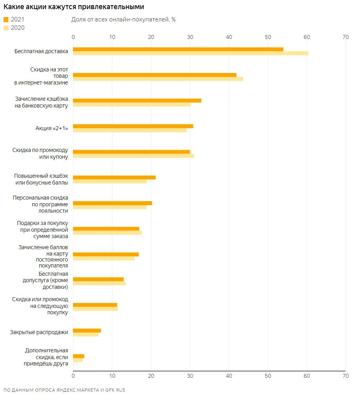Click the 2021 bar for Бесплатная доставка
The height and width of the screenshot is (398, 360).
click(178, 49)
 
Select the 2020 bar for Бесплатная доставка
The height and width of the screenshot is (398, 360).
click(190, 53)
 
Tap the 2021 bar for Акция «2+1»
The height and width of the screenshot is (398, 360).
click(133, 126)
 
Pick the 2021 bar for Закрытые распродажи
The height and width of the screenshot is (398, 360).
click(87, 331)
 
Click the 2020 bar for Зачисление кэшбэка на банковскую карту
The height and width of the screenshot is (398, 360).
click(132, 105)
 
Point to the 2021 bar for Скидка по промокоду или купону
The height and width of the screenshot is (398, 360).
click(132, 152)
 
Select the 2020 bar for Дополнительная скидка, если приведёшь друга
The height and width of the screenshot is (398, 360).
click(78, 360)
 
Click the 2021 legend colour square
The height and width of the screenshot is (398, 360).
click(6, 19)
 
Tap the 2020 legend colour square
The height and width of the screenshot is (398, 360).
click(6, 28)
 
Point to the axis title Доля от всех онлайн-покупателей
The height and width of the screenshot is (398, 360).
click(123, 20)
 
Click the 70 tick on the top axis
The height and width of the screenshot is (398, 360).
click(345, 37)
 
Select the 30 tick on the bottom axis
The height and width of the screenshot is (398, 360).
click(190, 375)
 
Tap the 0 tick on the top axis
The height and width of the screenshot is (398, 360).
click(73, 37)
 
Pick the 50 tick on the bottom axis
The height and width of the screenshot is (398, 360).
click(268, 375)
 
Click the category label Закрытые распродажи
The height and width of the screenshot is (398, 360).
click(39, 332)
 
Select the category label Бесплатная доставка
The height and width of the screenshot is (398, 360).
click(41, 51)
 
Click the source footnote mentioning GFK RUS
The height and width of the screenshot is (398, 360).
click(64, 390)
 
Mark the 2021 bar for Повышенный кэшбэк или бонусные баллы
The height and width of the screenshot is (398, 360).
click(114, 177)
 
